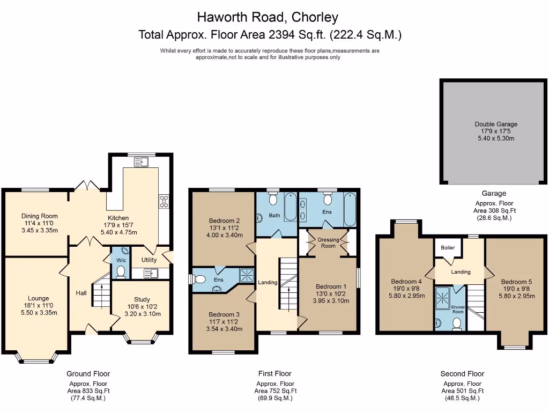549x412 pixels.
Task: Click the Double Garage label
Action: tap(495, 124)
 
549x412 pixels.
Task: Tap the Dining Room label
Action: tap(39, 216)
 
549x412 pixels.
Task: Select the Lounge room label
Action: tap(38, 298)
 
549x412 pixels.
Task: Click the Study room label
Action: tap(142, 299)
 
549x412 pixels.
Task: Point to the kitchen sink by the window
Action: tap(142, 161)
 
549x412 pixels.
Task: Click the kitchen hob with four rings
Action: tap(164, 201)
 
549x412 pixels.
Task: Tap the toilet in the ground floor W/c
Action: tap(120, 272)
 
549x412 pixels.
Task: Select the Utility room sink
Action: tap(151, 274)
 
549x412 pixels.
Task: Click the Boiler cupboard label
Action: tap(447, 248)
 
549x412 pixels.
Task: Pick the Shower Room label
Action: tap(457, 310)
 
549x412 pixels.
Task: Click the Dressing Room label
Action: tap(328, 242)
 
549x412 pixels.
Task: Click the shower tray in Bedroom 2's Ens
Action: tap(246, 275)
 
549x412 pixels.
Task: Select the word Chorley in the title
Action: tap(315, 17)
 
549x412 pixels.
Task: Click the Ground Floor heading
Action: tap(88, 373)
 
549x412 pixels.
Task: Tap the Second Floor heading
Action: tap(462, 373)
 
